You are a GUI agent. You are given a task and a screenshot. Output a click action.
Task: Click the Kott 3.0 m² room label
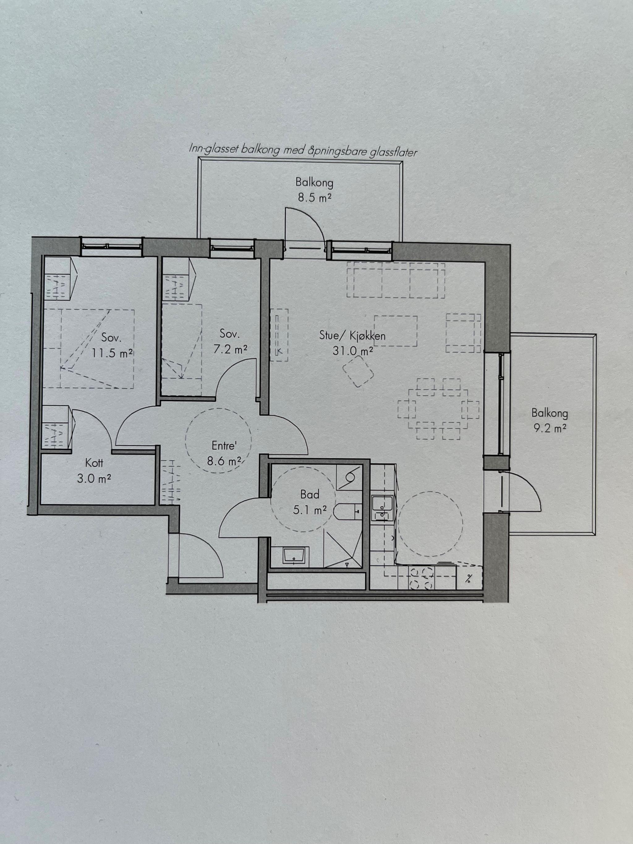pos(94,471)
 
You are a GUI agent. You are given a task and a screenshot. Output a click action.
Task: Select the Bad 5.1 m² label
pos(310,502)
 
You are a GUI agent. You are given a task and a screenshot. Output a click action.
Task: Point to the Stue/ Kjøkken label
pos(352,335)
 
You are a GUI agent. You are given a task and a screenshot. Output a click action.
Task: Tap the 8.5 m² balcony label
pos(314,198)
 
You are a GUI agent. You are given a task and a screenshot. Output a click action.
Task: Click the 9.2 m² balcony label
pos(550,428)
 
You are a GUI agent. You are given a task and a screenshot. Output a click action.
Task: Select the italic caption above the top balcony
pos(303,150)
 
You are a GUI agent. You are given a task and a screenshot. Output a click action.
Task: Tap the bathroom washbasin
pos(296,556)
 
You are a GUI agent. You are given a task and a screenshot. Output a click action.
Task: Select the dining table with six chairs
pos(438,409)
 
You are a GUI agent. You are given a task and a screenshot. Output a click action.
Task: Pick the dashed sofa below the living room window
pos(396,280)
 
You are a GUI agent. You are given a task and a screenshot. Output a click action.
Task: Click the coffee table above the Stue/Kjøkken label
pos(396,331)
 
